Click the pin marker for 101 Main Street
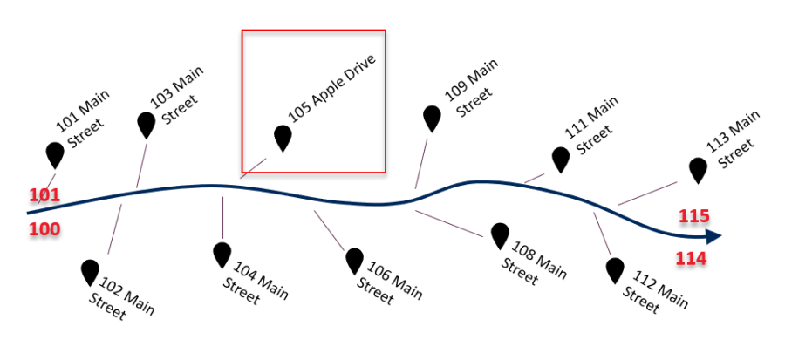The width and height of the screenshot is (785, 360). pyautogui.click(x=55, y=154)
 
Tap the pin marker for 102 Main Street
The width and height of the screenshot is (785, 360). pyautogui.click(x=90, y=271)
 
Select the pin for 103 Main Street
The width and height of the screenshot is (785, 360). pyautogui.click(x=147, y=124)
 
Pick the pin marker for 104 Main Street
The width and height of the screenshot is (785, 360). pyautogui.click(x=222, y=254)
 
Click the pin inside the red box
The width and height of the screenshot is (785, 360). pyautogui.click(x=283, y=137)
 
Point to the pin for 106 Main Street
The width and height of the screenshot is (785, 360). pyautogui.click(x=354, y=260)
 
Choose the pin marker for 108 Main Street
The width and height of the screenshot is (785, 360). pyautogui.click(x=500, y=234)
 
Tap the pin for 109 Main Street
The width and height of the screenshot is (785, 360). pyautogui.click(x=432, y=118)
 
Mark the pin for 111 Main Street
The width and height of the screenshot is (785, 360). pyautogui.click(x=561, y=159)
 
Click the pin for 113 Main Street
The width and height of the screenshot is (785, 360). pyautogui.click(x=698, y=169)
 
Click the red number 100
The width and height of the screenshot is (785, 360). pyautogui.click(x=44, y=230)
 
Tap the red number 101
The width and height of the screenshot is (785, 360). pyautogui.click(x=44, y=195)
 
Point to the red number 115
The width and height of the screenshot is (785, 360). pyautogui.click(x=695, y=215)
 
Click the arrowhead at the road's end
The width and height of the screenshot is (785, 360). pyautogui.click(x=713, y=236)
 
